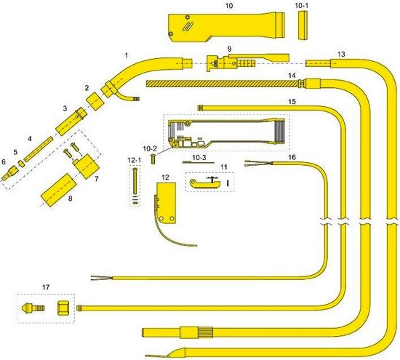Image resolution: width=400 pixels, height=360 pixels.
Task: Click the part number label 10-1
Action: click(x=301, y=6)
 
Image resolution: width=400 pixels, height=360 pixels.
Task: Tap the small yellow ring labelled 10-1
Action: click(x=303, y=25)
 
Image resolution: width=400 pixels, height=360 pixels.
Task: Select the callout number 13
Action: click(x=341, y=54)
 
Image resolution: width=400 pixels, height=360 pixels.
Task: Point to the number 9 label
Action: click(x=229, y=49)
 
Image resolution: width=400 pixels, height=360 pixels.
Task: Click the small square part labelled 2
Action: click(x=95, y=101)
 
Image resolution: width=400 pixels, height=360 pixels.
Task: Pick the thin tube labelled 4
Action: click(x=39, y=149)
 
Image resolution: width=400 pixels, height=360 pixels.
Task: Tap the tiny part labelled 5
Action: click(x=21, y=164)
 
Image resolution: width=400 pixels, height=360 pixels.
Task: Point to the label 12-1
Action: click(x=135, y=161)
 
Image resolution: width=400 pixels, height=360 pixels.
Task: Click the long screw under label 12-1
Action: click(x=135, y=180)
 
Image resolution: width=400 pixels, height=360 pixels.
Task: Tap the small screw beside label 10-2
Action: click(x=153, y=159)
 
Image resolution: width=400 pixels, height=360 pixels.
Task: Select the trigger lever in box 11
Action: click(x=205, y=184)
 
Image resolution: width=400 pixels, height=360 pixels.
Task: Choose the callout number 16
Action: click(x=292, y=157)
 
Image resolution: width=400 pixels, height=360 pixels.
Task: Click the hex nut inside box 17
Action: click(x=63, y=308)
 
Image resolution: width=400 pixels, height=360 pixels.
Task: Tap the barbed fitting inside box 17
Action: click(x=33, y=307)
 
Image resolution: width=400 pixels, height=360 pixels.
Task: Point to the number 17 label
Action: click(x=46, y=287)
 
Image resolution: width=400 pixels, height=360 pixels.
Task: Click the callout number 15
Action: click(x=292, y=102)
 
